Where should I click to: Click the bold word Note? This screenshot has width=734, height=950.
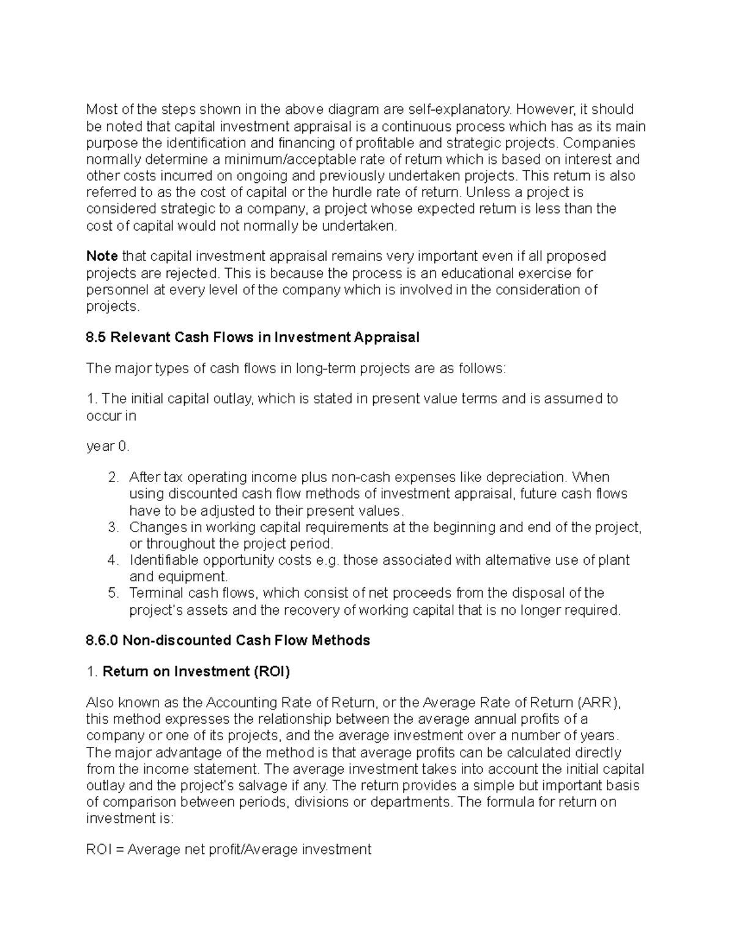102,256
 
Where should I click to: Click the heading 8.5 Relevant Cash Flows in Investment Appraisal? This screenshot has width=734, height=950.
253,337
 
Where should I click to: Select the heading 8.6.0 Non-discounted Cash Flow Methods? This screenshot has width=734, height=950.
228,640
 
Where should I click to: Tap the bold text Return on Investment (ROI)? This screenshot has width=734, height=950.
196,672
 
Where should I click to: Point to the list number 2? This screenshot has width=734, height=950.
113,477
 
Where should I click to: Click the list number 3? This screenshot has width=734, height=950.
113,527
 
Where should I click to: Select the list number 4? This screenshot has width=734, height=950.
113,560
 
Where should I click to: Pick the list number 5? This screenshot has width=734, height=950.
113,593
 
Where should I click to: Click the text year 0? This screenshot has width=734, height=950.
108,447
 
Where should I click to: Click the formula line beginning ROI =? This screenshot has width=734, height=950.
229,849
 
